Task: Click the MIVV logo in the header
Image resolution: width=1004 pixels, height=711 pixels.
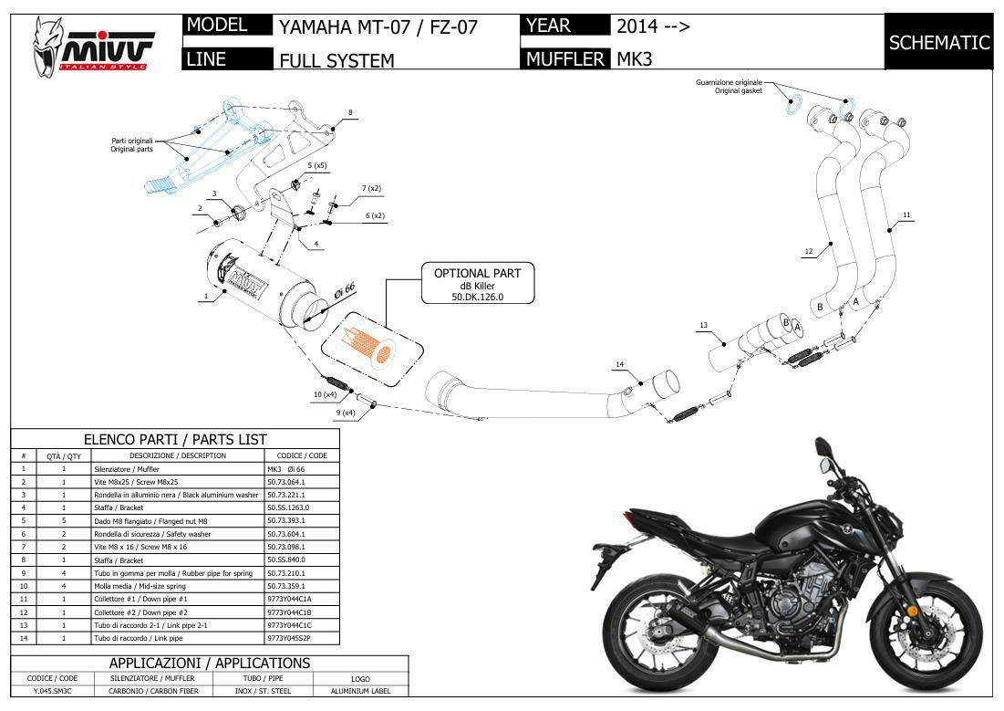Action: pos(93,46)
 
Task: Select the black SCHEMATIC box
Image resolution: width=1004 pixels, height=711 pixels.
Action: pos(938,42)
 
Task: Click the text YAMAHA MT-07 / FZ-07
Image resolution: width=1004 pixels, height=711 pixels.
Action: pos(378,26)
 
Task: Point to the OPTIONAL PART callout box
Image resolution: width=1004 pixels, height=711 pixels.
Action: pos(477,284)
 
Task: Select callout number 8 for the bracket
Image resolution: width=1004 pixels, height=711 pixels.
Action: pos(349,113)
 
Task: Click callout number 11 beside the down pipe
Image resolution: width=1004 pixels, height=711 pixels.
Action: pos(906,215)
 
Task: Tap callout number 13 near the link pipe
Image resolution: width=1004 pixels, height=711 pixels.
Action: pos(703,325)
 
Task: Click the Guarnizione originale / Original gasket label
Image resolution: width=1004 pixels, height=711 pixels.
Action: pos(729,87)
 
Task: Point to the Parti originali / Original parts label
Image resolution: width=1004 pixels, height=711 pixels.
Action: pos(132,144)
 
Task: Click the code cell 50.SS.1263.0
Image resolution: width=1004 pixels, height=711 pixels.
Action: pos(288,507)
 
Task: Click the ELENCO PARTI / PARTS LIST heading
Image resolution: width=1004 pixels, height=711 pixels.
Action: pos(175,439)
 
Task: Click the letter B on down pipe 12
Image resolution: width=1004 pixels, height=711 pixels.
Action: pos(820,307)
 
